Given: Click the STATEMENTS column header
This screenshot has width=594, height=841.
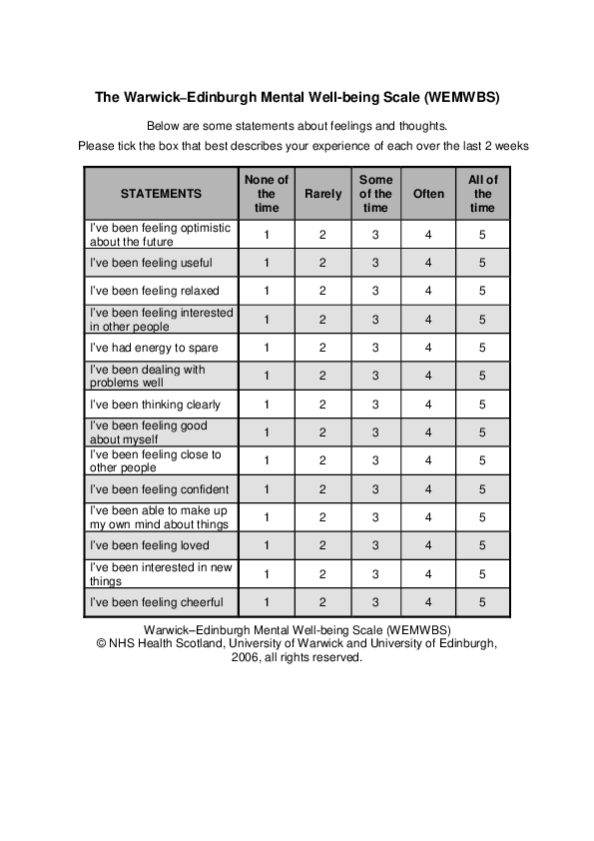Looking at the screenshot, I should (161, 194).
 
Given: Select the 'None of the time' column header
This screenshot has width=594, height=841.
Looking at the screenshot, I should (267, 194).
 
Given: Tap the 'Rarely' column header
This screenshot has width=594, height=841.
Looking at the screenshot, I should (322, 194).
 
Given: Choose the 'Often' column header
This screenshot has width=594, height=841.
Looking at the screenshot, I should (428, 194).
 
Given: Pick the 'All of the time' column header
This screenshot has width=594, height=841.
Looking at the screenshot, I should (482, 194).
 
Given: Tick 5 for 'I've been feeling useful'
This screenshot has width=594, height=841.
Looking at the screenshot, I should (482, 263).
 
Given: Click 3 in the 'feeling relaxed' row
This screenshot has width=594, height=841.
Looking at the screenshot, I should (375, 291).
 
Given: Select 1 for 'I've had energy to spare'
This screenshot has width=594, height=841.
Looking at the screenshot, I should (267, 348).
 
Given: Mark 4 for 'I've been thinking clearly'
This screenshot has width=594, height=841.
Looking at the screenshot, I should (428, 405).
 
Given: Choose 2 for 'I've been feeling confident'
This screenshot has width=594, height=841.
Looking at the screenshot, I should (322, 489).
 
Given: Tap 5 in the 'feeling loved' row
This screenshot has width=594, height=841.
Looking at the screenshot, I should (482, 545).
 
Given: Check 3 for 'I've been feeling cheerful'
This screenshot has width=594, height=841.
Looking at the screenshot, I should (375, 602).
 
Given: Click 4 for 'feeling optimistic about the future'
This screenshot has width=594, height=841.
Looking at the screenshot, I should (428, 235).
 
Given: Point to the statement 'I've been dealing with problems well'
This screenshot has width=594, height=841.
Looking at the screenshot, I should (148, 376).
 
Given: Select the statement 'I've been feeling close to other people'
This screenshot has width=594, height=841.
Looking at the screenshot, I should (156, 460).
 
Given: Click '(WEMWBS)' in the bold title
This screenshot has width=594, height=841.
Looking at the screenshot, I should (461, 98).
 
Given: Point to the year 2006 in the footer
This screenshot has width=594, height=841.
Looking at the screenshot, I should (248, 658).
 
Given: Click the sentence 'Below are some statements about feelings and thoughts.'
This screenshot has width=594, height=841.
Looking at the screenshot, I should (297, 126).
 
